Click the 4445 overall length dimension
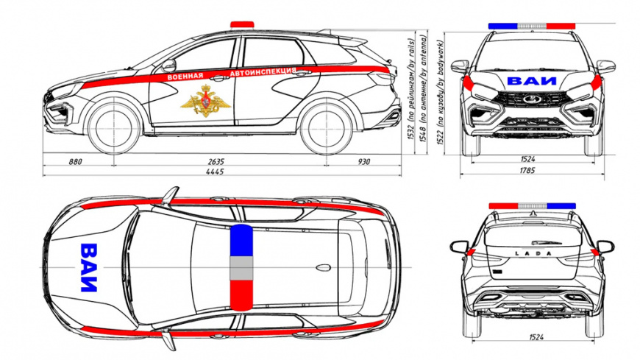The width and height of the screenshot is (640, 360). point(215,172)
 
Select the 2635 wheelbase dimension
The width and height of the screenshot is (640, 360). point(215,160)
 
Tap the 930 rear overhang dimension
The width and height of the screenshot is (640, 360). point(363,160)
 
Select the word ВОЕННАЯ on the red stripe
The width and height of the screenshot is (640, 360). point(185,77)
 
